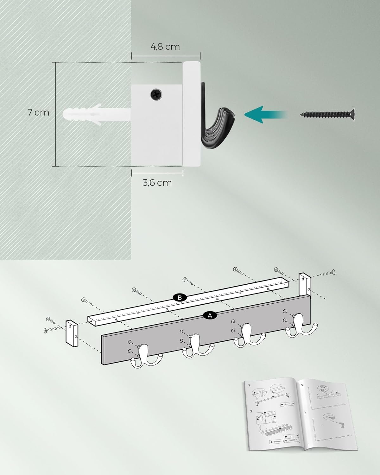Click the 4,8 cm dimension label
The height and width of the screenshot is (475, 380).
click(x=165, y=47)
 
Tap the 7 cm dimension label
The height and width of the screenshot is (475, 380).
click(x=38, y=112)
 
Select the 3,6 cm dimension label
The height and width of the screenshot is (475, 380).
click(x=157, y=183)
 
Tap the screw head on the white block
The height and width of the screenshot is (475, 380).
click(x=156, y=94)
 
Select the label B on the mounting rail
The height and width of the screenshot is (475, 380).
click(x=180, y=298)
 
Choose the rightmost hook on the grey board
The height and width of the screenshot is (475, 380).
click(x=301, y=326)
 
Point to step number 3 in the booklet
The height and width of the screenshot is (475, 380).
click(x=302, y=385)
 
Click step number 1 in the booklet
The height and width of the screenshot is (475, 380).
click(x=249, y=386)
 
